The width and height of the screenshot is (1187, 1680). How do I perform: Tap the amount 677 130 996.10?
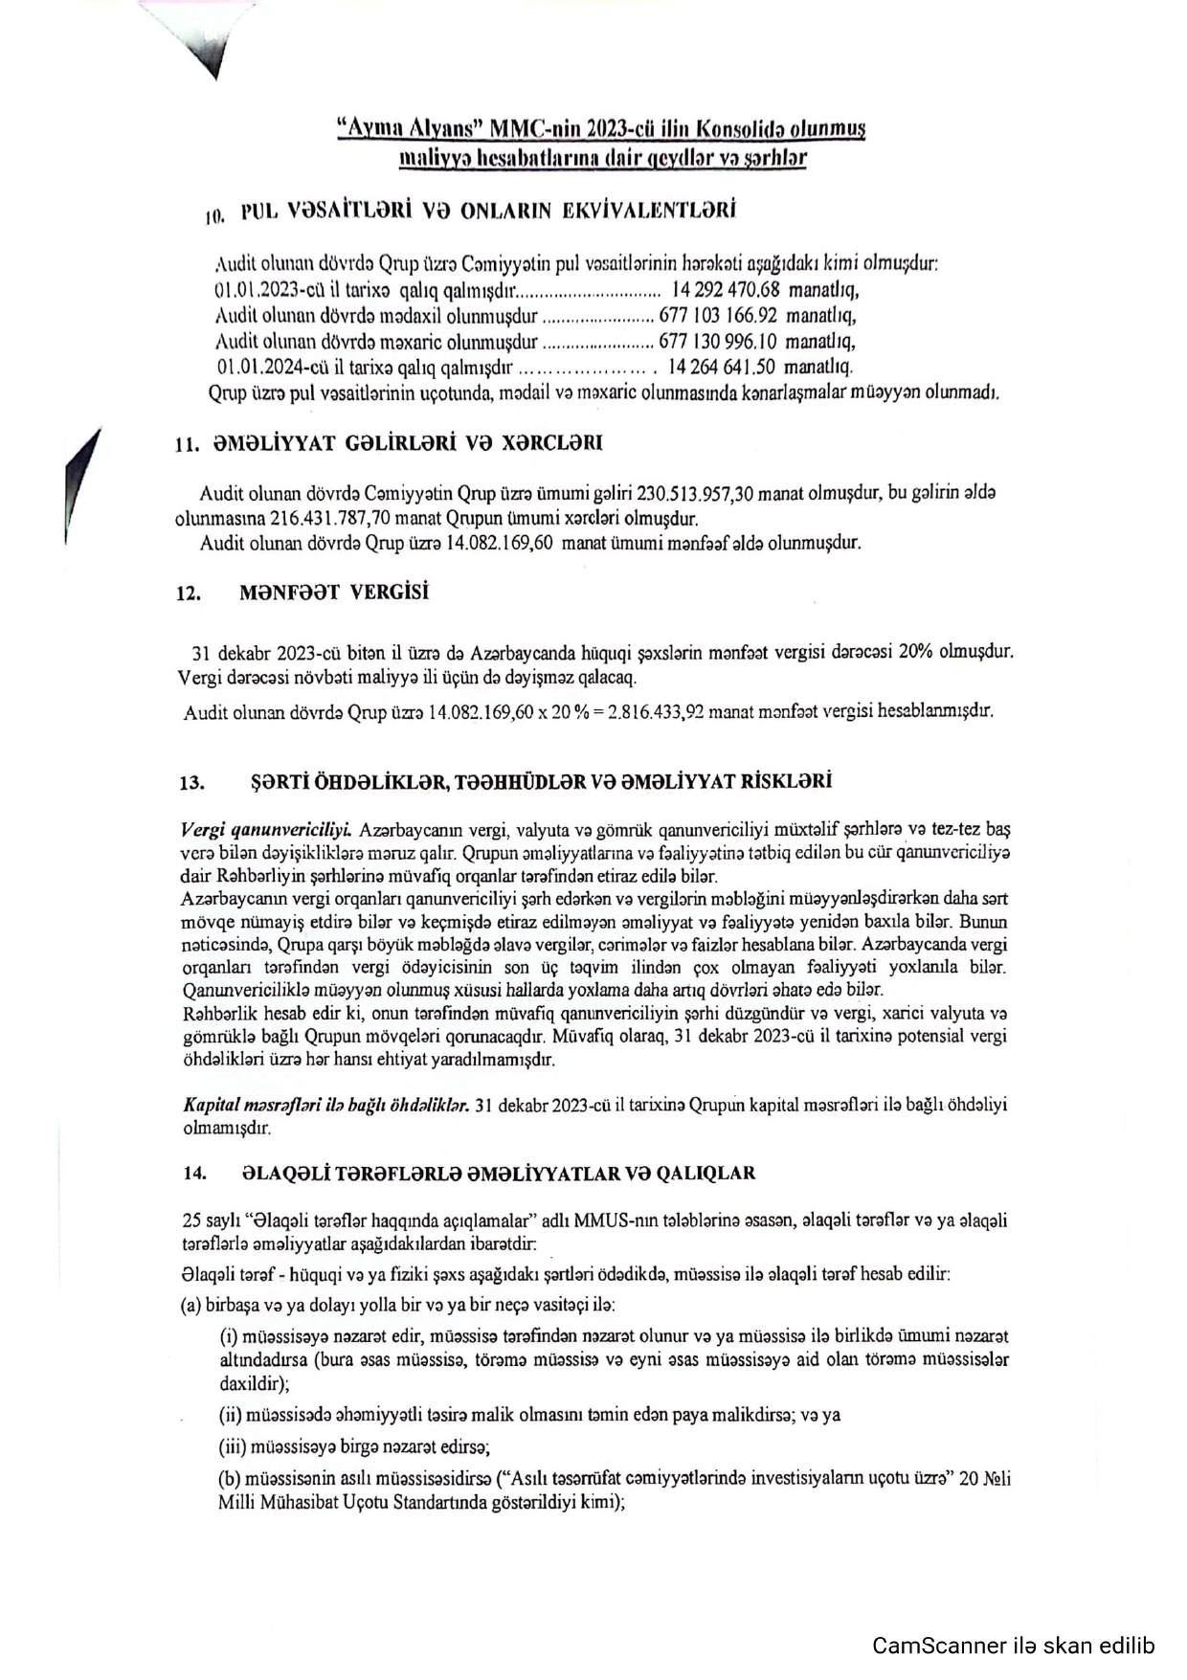[x=717, y=341]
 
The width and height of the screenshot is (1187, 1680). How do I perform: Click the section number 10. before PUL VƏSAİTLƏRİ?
[x=214, y=216]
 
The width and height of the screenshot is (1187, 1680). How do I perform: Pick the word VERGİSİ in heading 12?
[x=389, y=593]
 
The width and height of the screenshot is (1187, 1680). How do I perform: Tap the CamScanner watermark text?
[x=1014, y=1646]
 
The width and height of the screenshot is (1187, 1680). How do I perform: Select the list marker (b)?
[x=230, y=1479]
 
